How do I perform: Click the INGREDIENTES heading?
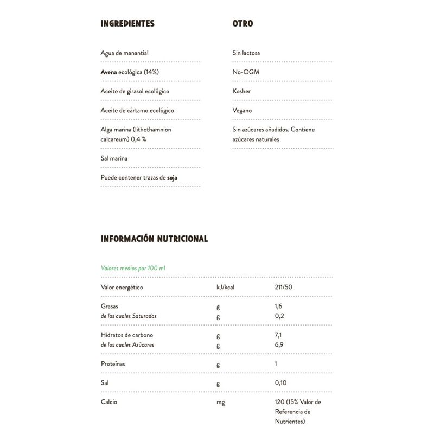(127, 24)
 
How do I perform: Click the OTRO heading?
(242, 24)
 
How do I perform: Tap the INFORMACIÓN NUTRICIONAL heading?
(154, 239)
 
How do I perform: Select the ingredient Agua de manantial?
(125, 53)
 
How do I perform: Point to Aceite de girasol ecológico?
(135, 91)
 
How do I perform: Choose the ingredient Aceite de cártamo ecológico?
(137, 110)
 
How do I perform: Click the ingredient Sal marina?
(114, 158)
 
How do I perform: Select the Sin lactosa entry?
(246, 53)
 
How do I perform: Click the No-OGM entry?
(244, 72)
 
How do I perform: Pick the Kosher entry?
(241, 91)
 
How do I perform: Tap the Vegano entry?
(242, 110)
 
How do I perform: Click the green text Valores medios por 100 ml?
(133, 268)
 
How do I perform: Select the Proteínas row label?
(113, 363)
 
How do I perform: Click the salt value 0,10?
(280, 383)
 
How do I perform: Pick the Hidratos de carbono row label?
(127, 336)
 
